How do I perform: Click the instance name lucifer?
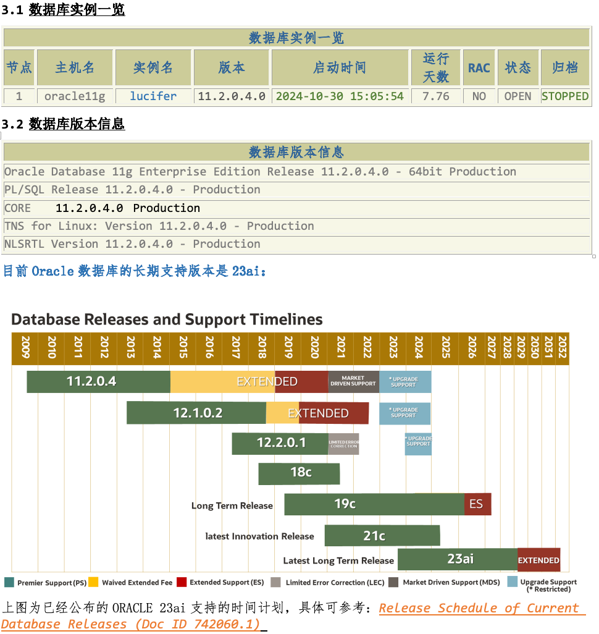tap(153, 96)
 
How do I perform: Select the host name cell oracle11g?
tap(75, 96)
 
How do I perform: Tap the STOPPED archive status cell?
tap(564, 96)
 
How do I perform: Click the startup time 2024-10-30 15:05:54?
tap(340, 96)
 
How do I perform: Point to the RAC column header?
tap(479, 68)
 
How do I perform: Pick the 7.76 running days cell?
tap(435, 96)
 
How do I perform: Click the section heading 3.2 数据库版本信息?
tap(63, 124)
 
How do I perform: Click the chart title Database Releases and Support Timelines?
tap(167, 319)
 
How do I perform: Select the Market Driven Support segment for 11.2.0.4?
tap(353, 381)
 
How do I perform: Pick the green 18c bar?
tap(299, 473)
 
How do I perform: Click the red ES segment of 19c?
tap(477, 504)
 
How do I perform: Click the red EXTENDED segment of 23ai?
tap(538, 560)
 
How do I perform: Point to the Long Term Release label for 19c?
tap(232, 506)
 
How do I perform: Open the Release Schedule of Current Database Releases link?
tap(482, 608)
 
